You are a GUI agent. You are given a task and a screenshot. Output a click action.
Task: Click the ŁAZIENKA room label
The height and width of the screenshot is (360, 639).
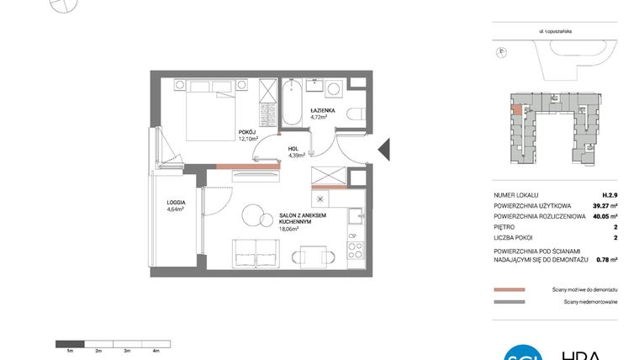(x=323, y=110)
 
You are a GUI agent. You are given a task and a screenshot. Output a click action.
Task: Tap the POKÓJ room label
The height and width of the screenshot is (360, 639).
(x=246, y=132)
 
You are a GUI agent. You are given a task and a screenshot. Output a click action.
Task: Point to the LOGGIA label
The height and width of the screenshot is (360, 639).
(x=176, y=203)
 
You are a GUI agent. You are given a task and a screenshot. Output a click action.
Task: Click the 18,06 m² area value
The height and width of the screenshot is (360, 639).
(x=290, y=227)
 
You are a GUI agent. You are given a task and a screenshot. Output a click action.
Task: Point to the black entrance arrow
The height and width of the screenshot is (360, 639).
(x=383, y=150)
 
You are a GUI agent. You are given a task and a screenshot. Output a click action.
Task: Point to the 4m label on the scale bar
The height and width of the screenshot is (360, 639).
(x=156, y=349)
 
